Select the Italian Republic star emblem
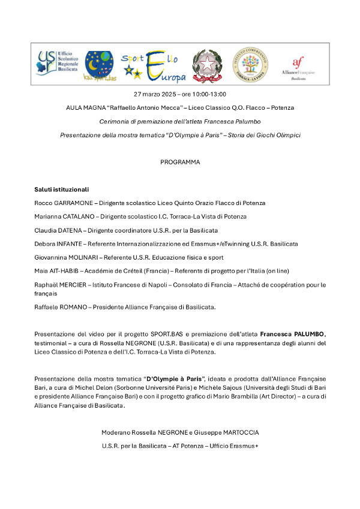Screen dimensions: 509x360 tap(208, 66)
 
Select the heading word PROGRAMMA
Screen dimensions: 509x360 tap(180, 162)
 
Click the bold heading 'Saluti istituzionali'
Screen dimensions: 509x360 tap(61, 189)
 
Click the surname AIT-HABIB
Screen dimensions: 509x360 tap(64, 271)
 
